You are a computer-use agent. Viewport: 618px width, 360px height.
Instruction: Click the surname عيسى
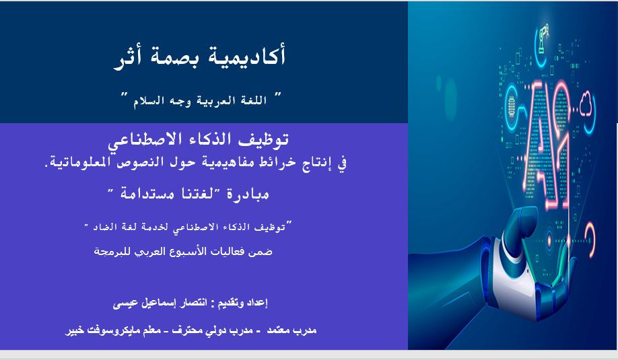[125, 303]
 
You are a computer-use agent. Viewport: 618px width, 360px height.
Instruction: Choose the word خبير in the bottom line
[72, 330]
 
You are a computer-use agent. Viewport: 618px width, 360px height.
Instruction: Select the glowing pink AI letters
[547, 142]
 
